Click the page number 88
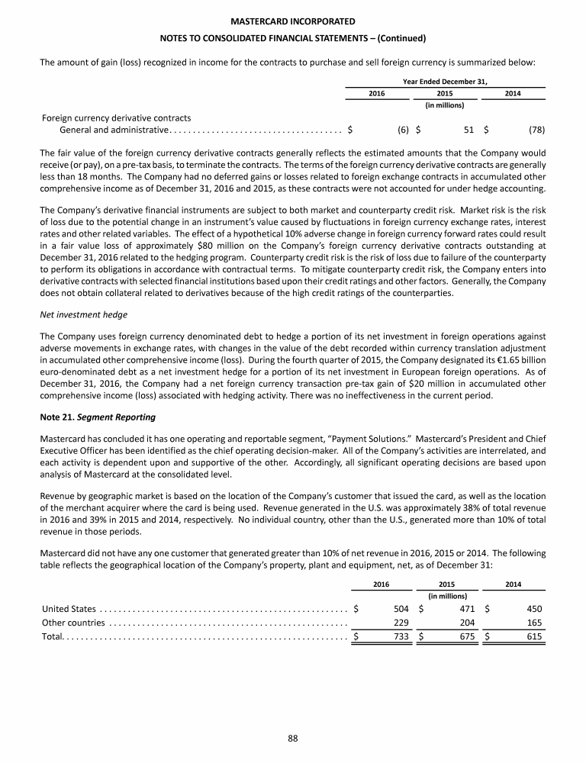(292, 737)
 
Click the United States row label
(69, 609)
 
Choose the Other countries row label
(72, 623)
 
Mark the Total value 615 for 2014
(533, 637)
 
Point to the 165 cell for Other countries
(533, 623)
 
